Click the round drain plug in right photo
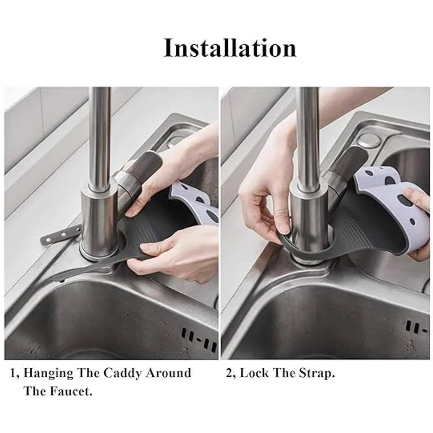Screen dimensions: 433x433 point(369,141)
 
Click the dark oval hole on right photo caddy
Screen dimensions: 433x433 point(406,201)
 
